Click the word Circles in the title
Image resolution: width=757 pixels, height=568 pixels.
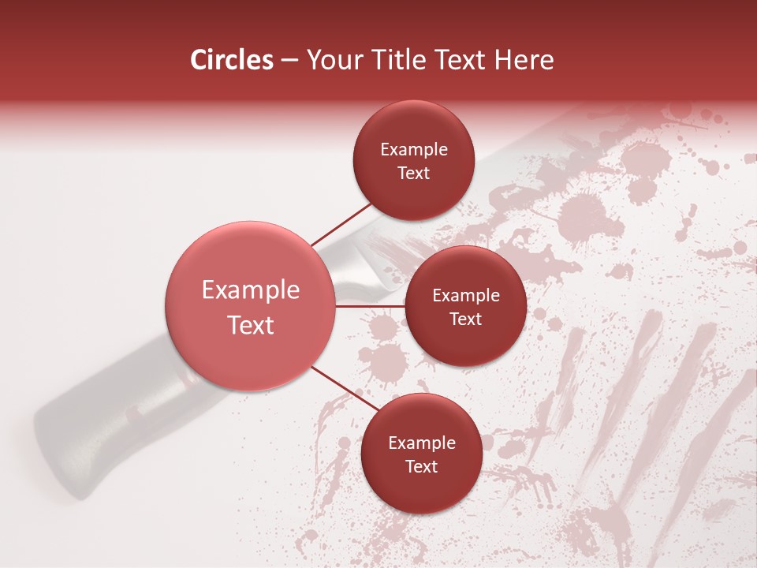coord(231,60)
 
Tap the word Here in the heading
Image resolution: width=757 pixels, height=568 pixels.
coord(523,60)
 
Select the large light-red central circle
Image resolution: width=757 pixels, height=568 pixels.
coord(250,306)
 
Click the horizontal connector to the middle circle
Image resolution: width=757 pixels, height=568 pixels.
coord(370,306)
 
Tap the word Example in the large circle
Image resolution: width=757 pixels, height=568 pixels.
coord(250,290)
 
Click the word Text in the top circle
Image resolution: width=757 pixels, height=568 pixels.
coord(413,174)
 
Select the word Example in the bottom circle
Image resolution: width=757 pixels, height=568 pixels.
coord(421,443)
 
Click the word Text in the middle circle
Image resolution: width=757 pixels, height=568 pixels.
coord(465,319)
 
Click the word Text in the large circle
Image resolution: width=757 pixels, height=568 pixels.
coord(250,325)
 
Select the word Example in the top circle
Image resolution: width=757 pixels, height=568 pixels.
coord(413,150)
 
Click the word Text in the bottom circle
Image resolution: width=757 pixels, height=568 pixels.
coord(421,467)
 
